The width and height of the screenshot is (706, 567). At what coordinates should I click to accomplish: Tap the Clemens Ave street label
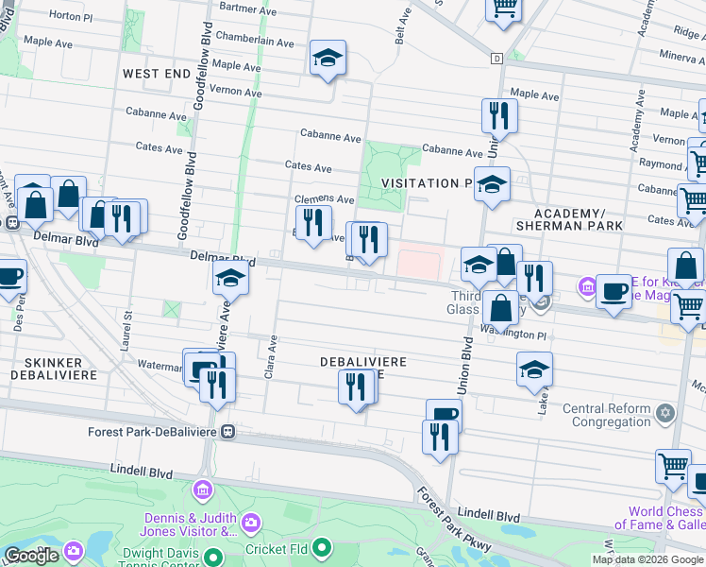(x=324, y=199)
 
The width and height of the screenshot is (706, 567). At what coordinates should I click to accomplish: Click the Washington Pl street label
(x=513, y=331)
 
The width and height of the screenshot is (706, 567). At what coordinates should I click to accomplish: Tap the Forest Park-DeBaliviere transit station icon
(x=227, y=432)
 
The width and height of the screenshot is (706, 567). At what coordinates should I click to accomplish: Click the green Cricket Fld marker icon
(x=322, y=547)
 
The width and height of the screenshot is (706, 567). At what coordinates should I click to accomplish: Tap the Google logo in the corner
(x=31, y=556)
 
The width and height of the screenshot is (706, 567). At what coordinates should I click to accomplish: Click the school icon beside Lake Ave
(x=534, y=370)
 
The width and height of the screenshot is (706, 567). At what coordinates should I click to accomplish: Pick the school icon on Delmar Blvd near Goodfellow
(x=229, y=279)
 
